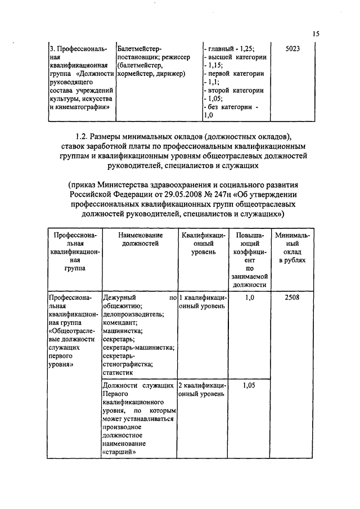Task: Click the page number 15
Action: point(316,34)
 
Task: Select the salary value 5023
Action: point(292,49)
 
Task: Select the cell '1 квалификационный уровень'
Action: point(202,301)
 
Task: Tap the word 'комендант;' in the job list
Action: point(119,323)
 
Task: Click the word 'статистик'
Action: point(118,372)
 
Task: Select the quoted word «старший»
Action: point(120,453)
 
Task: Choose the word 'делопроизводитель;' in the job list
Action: point(133,314)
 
